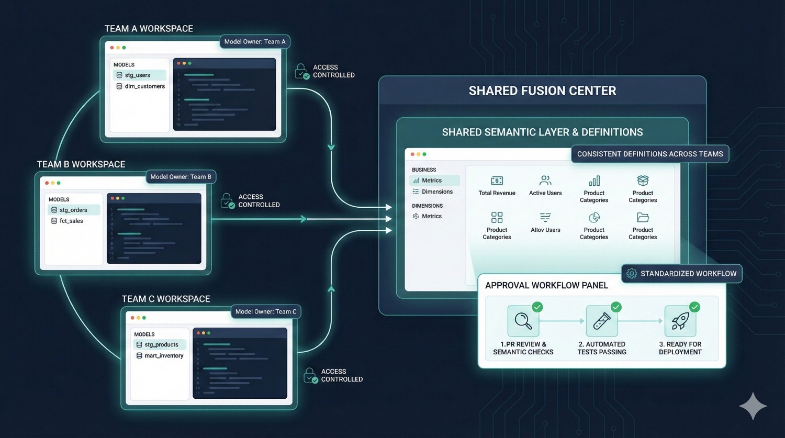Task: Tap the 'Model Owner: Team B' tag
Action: (x=181, y=177)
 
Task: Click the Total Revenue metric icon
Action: (x=497, y=181)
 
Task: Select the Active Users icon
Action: (x=545, y=181)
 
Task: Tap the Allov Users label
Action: (x=545, y=230)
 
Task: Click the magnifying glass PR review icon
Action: (x=523, y=321)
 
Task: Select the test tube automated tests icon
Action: (x=602, y=321)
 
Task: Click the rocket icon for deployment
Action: (x=680, y=321)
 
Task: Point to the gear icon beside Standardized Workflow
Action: (x=632, y=274)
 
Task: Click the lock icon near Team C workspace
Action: (x=310, y=376)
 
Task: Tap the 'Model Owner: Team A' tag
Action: (x=255, y=42)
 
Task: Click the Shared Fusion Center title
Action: (x=542, y=91)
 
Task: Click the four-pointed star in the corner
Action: (x=753, y=406)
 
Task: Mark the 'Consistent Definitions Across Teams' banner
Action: (x=650, y=154)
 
